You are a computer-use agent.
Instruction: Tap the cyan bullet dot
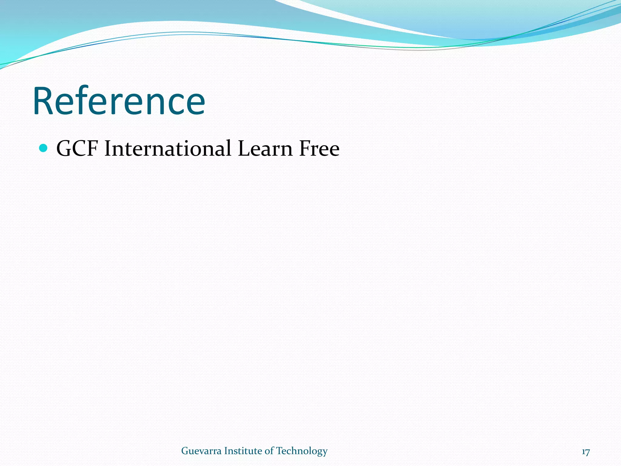point(44,148)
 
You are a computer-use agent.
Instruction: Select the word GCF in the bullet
point(77,149)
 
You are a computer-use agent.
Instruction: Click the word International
point(167,149)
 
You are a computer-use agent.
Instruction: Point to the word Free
point(319,149)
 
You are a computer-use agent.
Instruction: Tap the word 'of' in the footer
point(269,451)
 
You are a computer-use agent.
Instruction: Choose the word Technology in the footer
point(302,451)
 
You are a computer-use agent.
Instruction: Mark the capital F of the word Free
point(304,149)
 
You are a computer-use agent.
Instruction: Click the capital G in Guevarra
point(185,451)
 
